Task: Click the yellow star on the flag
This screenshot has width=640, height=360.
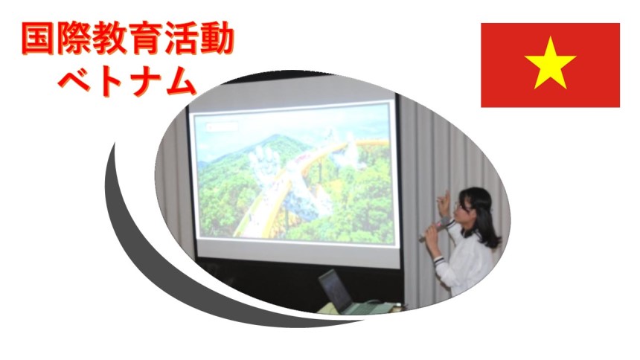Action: [x=550, y=64]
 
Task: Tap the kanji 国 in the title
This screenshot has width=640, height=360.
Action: [x=37, y=39]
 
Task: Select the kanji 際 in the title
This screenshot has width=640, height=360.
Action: [x=74, y=39]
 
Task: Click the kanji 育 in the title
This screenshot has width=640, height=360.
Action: [x=145, y=39]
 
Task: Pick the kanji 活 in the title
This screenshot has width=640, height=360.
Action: [x=181, y=39]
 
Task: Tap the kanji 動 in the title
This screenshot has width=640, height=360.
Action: [x=217, y=39]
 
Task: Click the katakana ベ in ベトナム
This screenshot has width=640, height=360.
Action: [x=74, y=82]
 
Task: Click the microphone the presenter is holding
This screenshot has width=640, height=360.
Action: [x=436, y=229]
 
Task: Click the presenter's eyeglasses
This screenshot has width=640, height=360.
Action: [x=464, y=208]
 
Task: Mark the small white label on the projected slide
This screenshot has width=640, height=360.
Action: [x=223, y=126]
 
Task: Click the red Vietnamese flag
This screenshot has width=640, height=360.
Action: [x=550, y=65]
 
